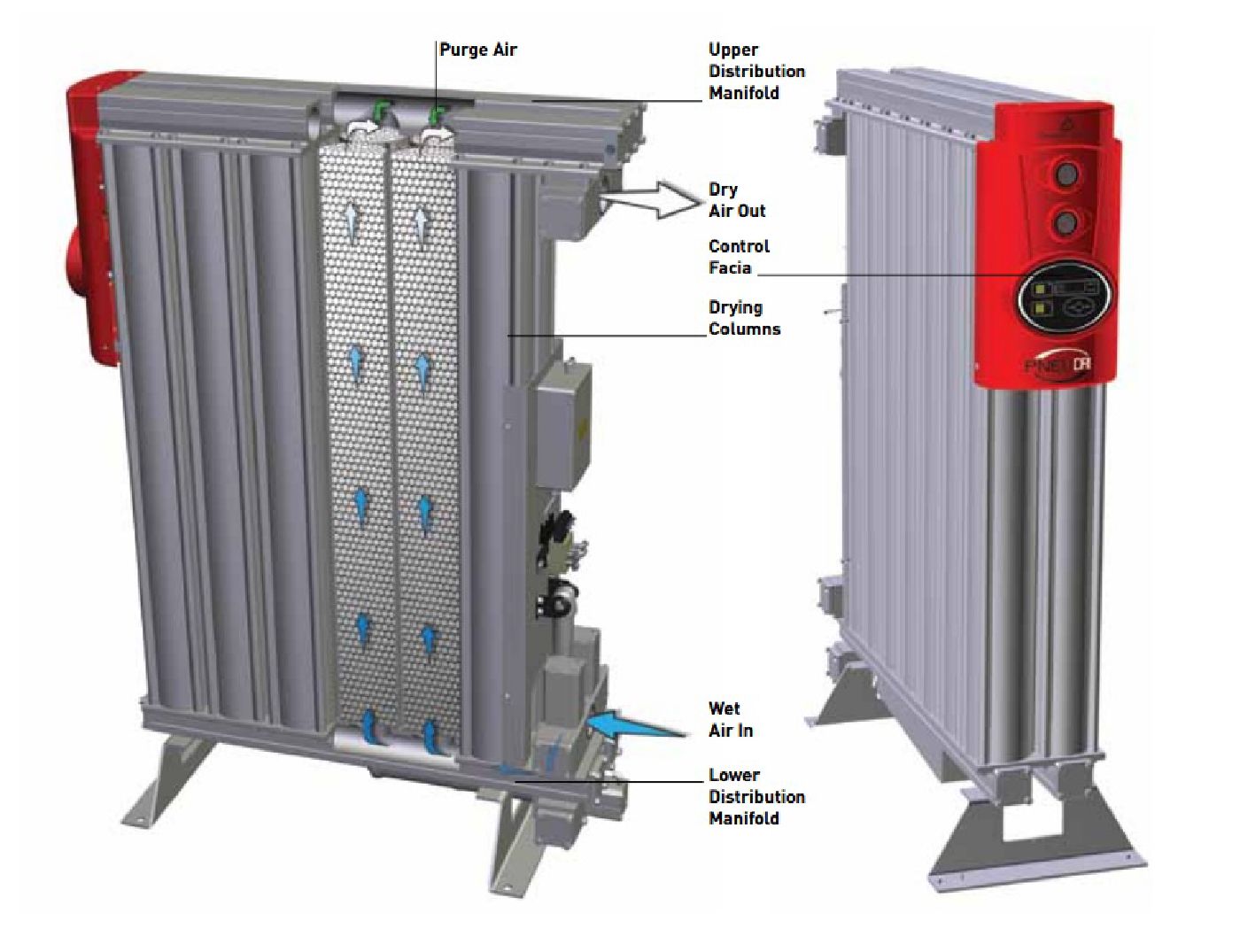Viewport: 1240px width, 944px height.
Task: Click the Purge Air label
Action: click(x=477, y=50)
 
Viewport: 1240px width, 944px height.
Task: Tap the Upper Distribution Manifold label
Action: click(x=756, y=71)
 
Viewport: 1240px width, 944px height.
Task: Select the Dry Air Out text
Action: click(x=736, y=200)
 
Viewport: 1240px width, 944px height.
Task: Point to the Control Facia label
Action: click(x=739, y=257)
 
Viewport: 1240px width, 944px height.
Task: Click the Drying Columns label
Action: click(x=744, y=318)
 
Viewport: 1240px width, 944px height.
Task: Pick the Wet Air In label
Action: click(x=730, y=719)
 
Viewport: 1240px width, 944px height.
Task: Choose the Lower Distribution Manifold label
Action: click(x=756, y=796)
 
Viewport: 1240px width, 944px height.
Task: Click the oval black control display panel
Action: click(x=1063, y=299)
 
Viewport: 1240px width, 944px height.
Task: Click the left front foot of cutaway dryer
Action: click(x=168, y=778)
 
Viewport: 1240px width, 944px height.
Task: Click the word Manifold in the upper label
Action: click(x=743, y=92)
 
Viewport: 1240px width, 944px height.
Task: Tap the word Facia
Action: click(x=730, y=267)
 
